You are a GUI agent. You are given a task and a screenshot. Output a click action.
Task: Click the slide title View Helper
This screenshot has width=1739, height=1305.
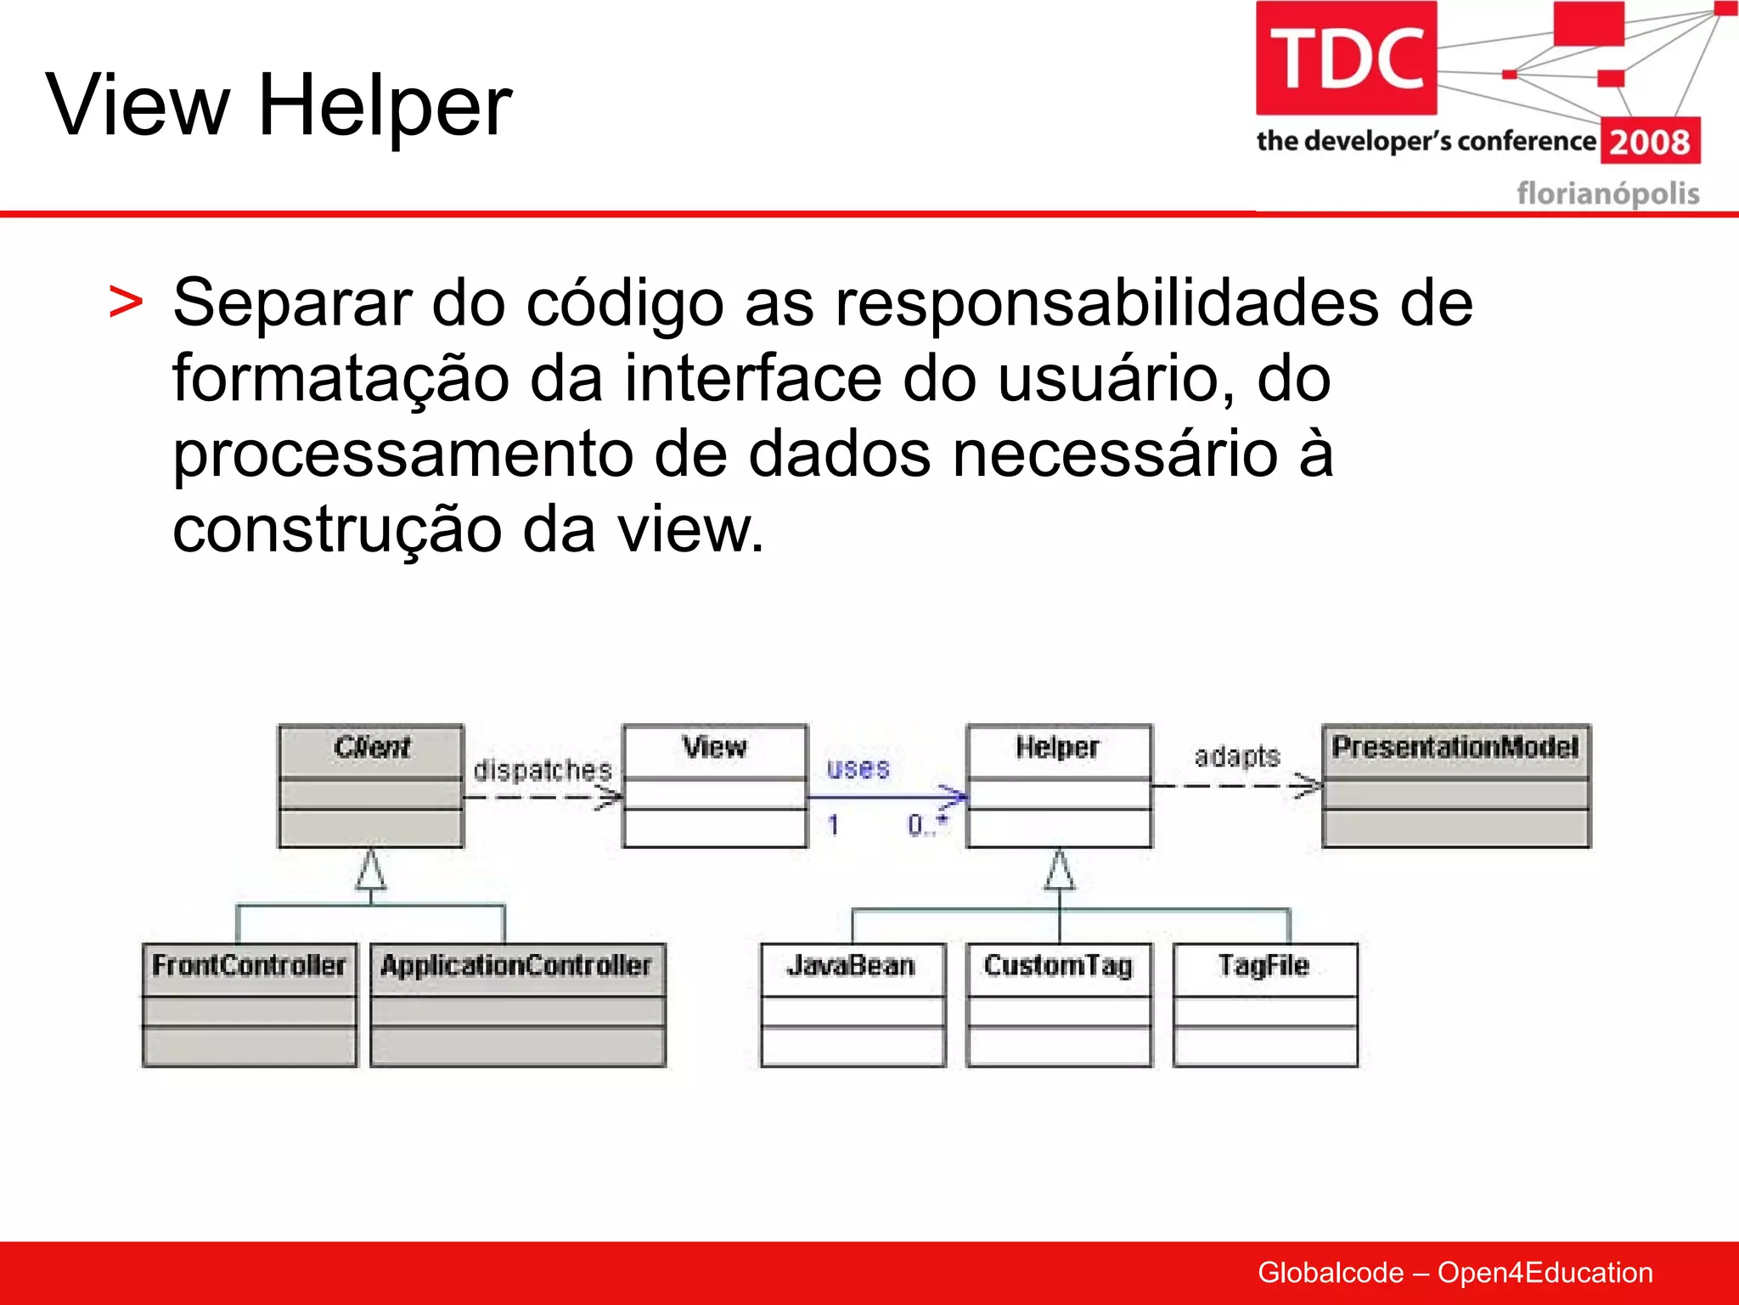279,105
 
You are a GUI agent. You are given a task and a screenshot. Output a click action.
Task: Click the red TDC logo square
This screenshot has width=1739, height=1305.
1346,58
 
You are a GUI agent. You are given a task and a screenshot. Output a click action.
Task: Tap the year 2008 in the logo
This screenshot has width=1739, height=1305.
1650,142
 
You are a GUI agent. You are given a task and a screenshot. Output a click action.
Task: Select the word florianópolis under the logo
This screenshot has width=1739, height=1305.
1607,194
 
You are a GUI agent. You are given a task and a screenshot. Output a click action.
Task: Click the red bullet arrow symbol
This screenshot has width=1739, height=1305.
126,303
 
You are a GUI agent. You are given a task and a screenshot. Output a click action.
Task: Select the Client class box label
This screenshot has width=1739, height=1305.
371,748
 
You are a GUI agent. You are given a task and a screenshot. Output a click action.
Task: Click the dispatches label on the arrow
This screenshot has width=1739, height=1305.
543,771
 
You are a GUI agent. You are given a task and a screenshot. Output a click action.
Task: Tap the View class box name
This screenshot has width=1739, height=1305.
714,748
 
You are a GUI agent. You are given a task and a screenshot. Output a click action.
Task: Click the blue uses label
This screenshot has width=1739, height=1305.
858,769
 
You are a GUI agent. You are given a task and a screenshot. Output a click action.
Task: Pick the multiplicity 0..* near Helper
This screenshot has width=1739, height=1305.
926,824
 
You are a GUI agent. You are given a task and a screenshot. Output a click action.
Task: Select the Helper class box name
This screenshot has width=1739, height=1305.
1058,748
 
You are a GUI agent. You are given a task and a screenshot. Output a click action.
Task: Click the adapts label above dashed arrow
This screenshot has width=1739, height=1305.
1236,756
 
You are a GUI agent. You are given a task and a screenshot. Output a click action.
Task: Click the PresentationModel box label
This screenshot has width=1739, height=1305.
1455,748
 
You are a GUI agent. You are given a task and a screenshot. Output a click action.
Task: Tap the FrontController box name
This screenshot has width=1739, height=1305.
249,966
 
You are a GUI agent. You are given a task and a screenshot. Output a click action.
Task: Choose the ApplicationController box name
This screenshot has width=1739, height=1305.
516,966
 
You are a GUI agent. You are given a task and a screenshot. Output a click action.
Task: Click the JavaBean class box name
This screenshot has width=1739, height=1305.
851,966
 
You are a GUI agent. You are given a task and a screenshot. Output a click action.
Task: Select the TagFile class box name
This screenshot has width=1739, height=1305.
1263,966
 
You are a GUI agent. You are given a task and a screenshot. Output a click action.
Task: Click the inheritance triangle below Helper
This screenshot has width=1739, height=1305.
1059,871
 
